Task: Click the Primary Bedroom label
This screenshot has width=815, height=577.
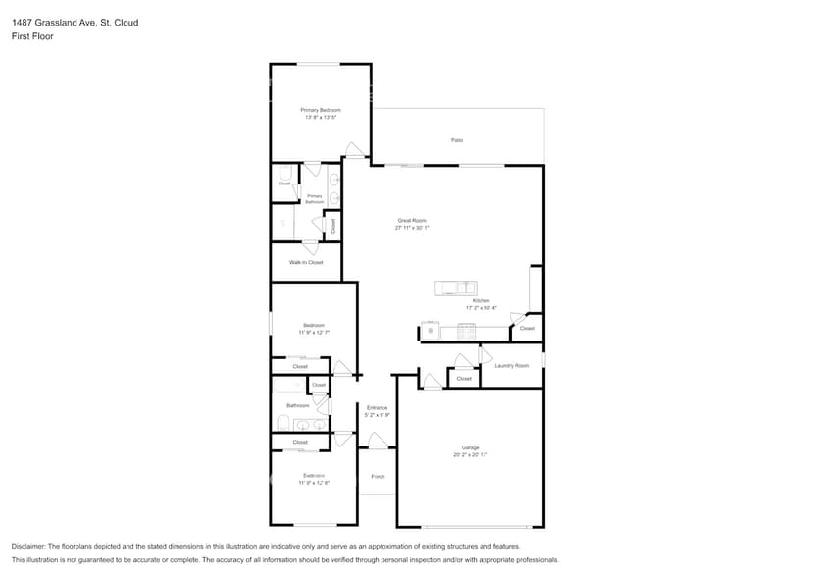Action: click(320, 110)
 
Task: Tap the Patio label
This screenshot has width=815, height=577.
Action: click(457, 140)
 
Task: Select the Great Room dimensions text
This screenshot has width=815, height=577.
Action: click(412, 228)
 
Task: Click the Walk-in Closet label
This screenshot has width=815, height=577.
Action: click(306, 262)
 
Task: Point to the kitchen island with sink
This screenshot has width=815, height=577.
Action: click(456, 288)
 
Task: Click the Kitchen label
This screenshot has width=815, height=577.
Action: click(481, 301)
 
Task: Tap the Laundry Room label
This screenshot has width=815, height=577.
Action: click(511, 366)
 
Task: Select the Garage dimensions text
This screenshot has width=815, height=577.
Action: click(470, 455)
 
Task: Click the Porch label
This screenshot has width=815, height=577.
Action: click(378, 477)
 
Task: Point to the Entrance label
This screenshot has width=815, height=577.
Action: click(378, 407)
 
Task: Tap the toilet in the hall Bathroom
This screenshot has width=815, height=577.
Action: click(282, 423)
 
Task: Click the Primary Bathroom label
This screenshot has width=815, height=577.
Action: click(315, 198)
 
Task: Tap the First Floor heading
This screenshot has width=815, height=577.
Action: click(32, 36)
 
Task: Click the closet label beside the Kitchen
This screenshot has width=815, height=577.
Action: click(527, 328)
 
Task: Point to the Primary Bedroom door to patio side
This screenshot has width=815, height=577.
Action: click(355, 151)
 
